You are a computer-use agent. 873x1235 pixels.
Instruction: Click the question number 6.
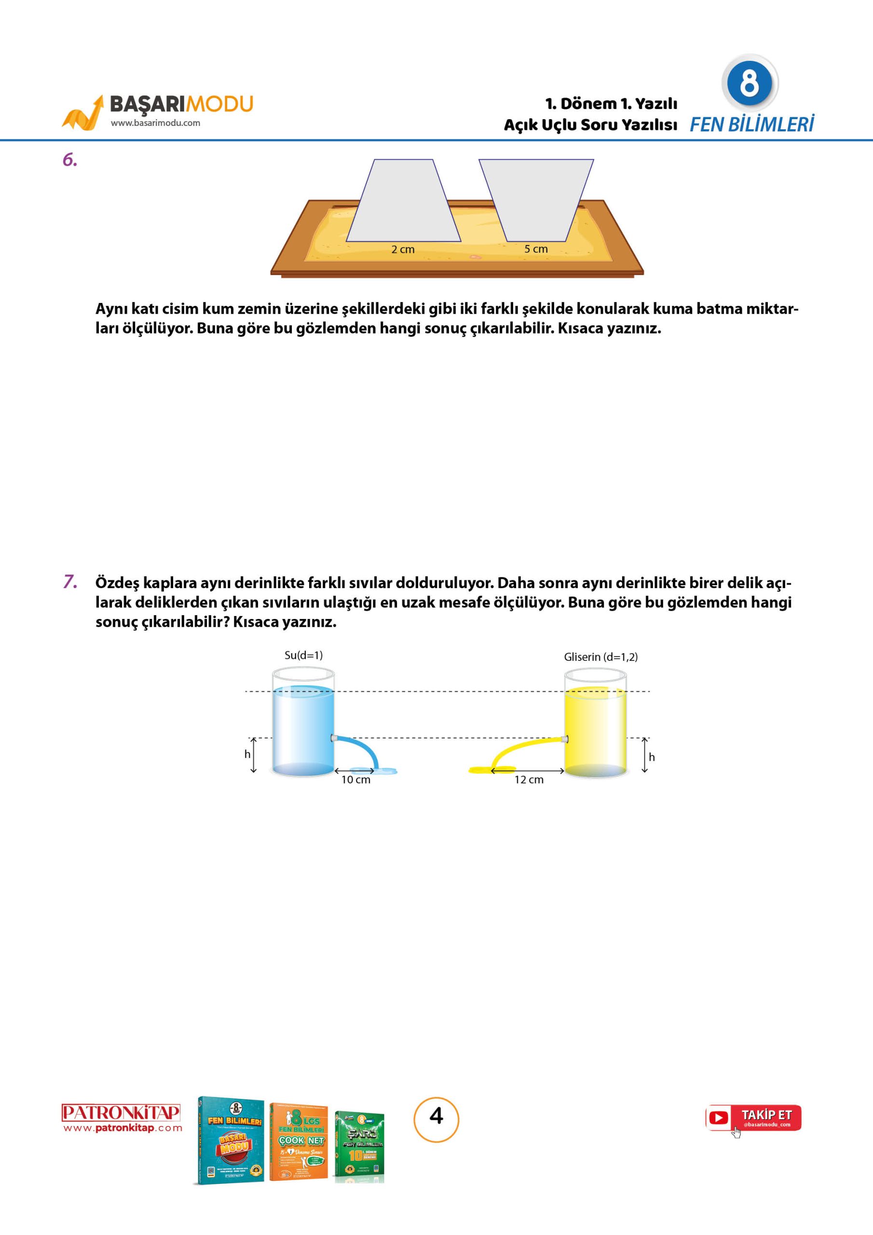pos(70,160)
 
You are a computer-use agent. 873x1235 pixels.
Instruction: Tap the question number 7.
pos(70,582)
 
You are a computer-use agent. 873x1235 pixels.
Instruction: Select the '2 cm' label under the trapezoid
pos(403,249)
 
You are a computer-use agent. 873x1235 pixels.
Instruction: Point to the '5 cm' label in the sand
pos(536,249)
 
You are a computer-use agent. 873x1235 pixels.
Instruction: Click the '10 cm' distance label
pos(355,780)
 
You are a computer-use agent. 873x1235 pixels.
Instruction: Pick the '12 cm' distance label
pos(529,780)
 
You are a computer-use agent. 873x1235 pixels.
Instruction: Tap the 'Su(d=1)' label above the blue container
pos(303,655)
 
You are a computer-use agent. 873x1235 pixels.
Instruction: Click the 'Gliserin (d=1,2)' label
pos(600,657)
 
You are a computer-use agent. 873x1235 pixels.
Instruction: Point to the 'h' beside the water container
pos(247,754)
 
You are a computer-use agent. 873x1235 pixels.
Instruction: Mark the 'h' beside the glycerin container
pos(652,757)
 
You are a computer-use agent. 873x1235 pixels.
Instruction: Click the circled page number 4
pos(436,1116)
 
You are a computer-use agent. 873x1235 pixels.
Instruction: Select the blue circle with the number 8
pos(749,83)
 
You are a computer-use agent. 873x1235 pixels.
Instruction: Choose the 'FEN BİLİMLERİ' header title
pos(751,125)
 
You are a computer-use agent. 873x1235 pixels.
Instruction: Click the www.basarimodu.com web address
pos(155,123)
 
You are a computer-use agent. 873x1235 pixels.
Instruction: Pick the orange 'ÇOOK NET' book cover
pos(299,1141)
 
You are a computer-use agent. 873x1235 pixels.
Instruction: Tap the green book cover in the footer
pos(359,1146)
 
